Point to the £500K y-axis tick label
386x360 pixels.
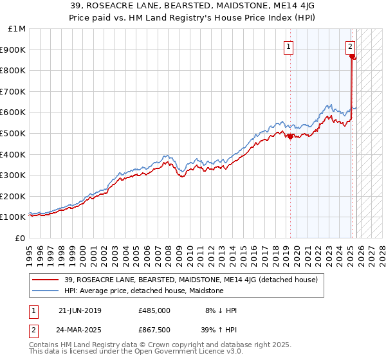[x=14, y=134]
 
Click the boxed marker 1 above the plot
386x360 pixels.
[x=288, y=46]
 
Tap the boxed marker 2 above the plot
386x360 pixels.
[x=351, y=46]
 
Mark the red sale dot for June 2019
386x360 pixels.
[x=290, y=136]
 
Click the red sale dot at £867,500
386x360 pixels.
[x=352, y=57]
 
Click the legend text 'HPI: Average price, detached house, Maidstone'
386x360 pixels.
[x=143, y=291]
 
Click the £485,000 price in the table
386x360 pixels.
[x=154, y=310]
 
